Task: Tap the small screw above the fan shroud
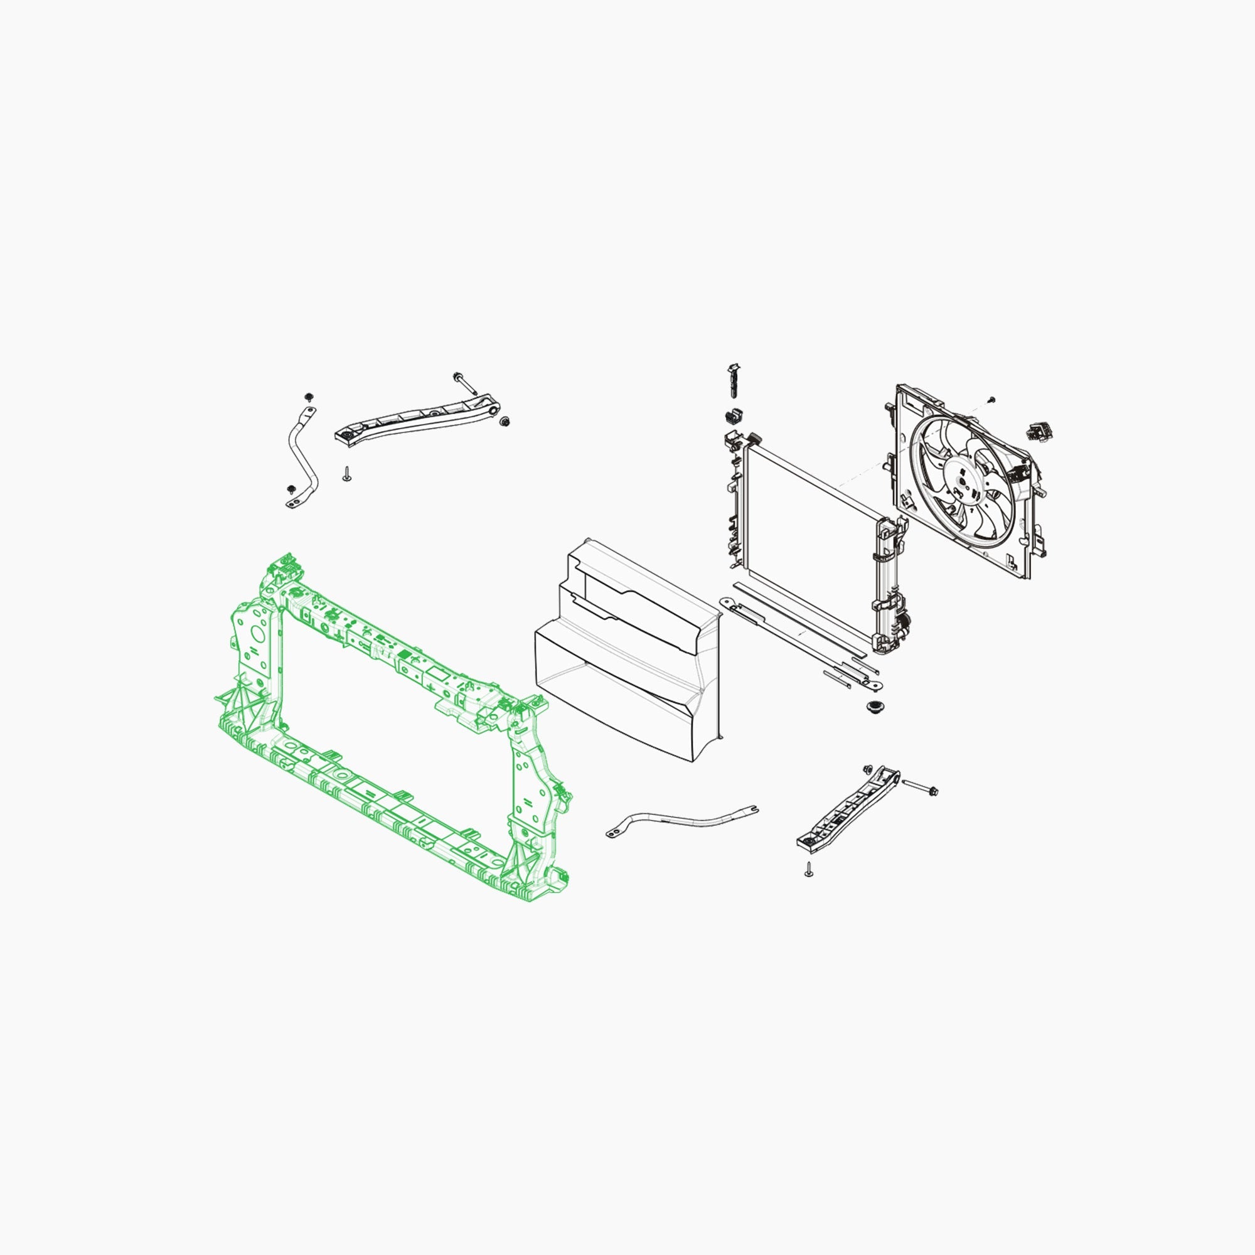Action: (991, 399)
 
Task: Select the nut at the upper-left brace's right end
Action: (506, 422)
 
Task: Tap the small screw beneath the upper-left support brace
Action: (347, 474)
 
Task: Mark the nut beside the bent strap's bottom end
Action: (291, 488)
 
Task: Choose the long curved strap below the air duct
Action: (682, 820)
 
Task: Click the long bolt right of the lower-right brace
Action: (921, 788)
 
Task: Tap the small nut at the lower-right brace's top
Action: (868, 769)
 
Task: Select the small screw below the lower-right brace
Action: (809, 870)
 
